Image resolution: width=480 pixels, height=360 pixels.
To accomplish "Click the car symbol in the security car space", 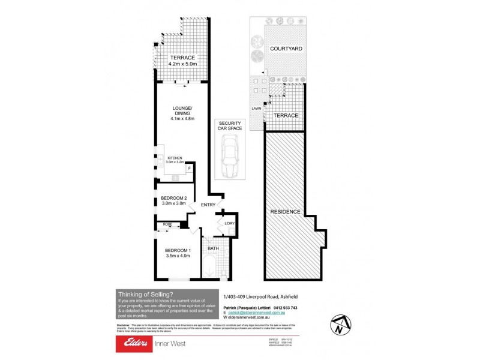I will [x=231, y=157].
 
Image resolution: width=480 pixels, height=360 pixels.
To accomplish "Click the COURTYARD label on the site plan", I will [x=285, y=49].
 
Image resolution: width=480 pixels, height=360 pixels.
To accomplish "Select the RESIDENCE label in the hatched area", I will [x=285, y=212].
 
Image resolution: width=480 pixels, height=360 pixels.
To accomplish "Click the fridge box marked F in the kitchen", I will [x=190, y=169].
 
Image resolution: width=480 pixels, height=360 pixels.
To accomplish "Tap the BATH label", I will [x=214, y=248].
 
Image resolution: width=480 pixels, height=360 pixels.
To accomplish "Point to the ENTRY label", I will [x=208, y=205].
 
